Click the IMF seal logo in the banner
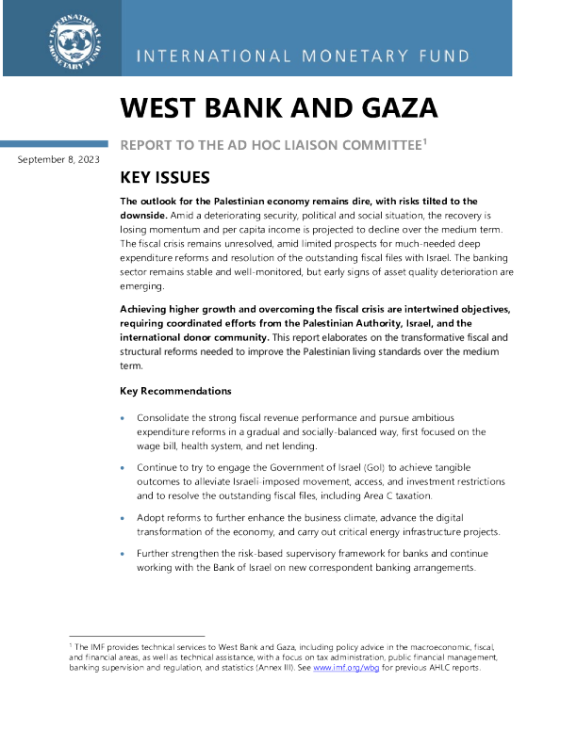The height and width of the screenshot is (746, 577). coord(71,40)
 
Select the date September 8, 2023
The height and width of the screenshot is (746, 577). coord(58,160)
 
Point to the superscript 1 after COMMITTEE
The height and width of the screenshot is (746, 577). coord(426,141)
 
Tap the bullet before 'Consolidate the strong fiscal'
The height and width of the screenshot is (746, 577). coord(124,416)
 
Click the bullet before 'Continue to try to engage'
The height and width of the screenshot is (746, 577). coord(124,468)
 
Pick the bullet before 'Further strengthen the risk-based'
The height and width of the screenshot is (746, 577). coord(124,554)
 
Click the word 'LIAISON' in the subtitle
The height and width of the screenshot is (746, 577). coord(288,145)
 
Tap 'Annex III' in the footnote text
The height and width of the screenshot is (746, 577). coord(274,668)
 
